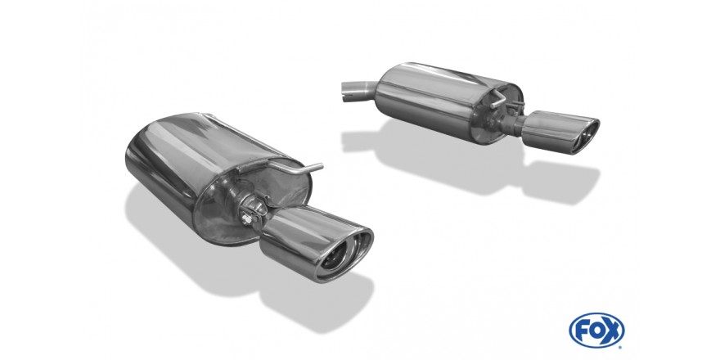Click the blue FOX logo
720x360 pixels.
pyautogui.click(x=596, y=331)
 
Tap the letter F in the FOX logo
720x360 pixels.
pyautogui.click(x=583, y=331)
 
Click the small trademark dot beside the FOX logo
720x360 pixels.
pyautogui.click(x=621, y=347)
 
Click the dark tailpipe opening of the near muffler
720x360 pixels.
pyautogui.click(x=334, y=259)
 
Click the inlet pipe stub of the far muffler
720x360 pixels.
pyautogui.click(x=359, y=91)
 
